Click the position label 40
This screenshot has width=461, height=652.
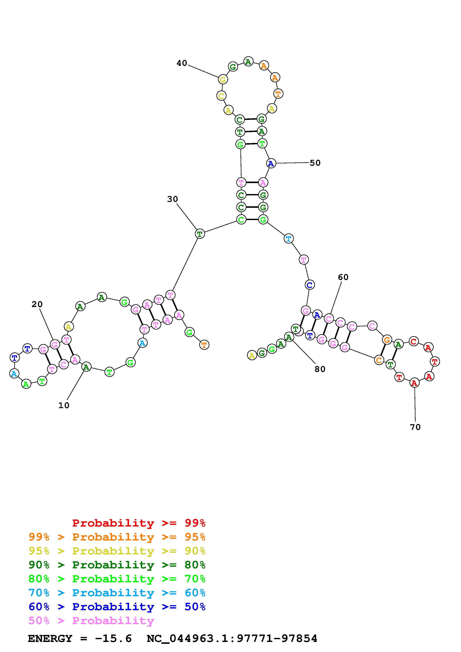click(182, 63)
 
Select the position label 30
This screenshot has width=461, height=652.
click(172, 199)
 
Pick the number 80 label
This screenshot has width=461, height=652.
click(320, 369)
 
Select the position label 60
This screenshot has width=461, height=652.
click(343, 277)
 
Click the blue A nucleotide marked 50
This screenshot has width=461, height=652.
click(271, 163)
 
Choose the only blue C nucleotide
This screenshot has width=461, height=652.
click(310, 285)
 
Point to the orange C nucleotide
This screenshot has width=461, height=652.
click(379, 360)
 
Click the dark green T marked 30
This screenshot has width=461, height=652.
click(200, 234)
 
